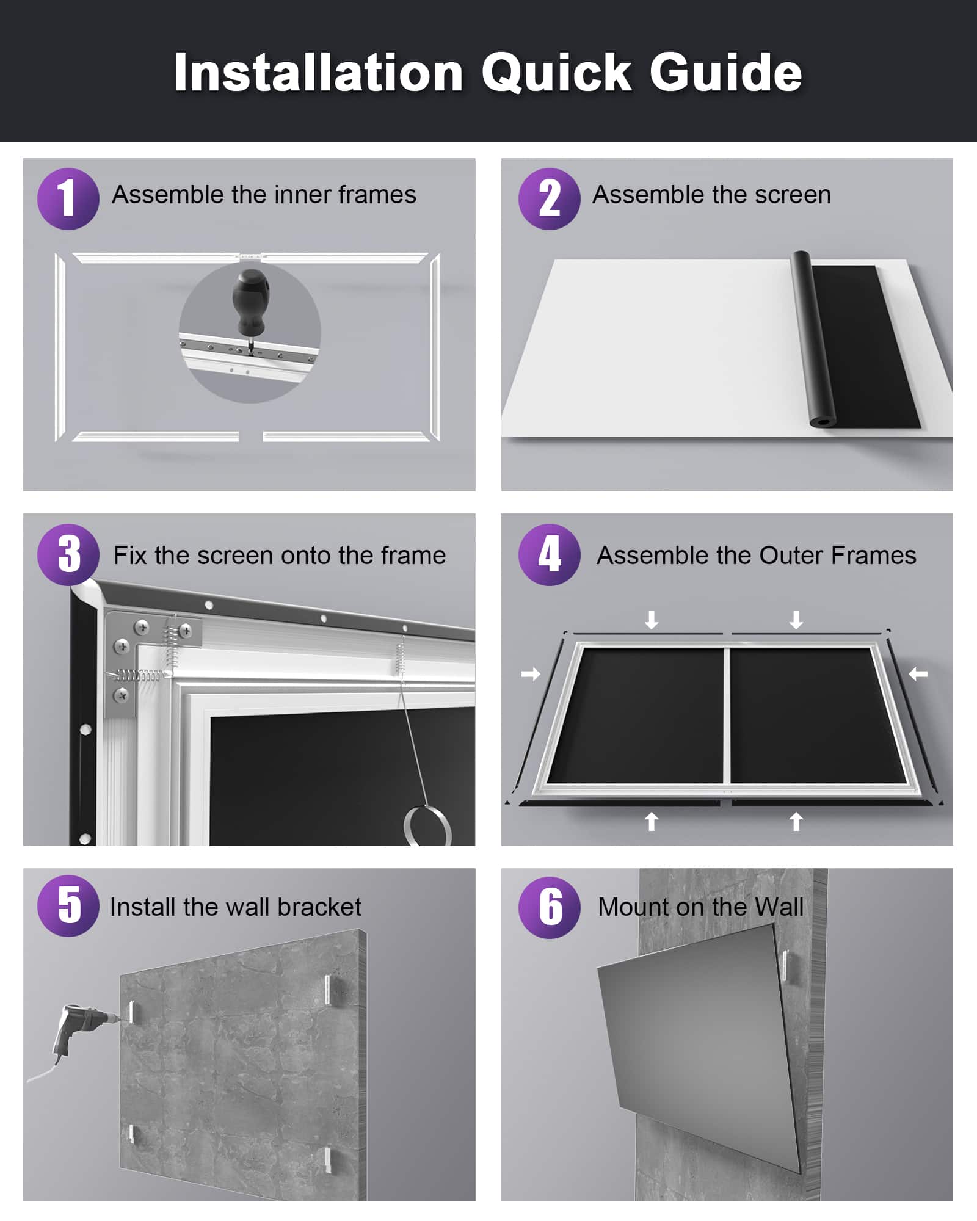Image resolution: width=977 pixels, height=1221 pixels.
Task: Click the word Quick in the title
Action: pos(556,73)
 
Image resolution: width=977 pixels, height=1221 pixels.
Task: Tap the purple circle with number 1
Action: pos(68,198)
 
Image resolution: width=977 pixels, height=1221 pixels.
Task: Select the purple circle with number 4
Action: pos(549,554)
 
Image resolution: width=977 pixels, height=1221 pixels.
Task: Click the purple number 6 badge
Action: pos(549,907)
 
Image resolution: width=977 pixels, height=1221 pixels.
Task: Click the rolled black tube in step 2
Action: pos(812,339)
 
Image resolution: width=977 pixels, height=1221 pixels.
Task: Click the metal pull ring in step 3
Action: pos(427,825)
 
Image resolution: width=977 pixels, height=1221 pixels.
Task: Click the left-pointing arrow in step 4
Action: pos(918,674)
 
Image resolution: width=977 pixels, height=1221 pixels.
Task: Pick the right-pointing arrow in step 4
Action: pos(531,674)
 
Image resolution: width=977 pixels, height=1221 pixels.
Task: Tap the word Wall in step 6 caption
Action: pos(779,907)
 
